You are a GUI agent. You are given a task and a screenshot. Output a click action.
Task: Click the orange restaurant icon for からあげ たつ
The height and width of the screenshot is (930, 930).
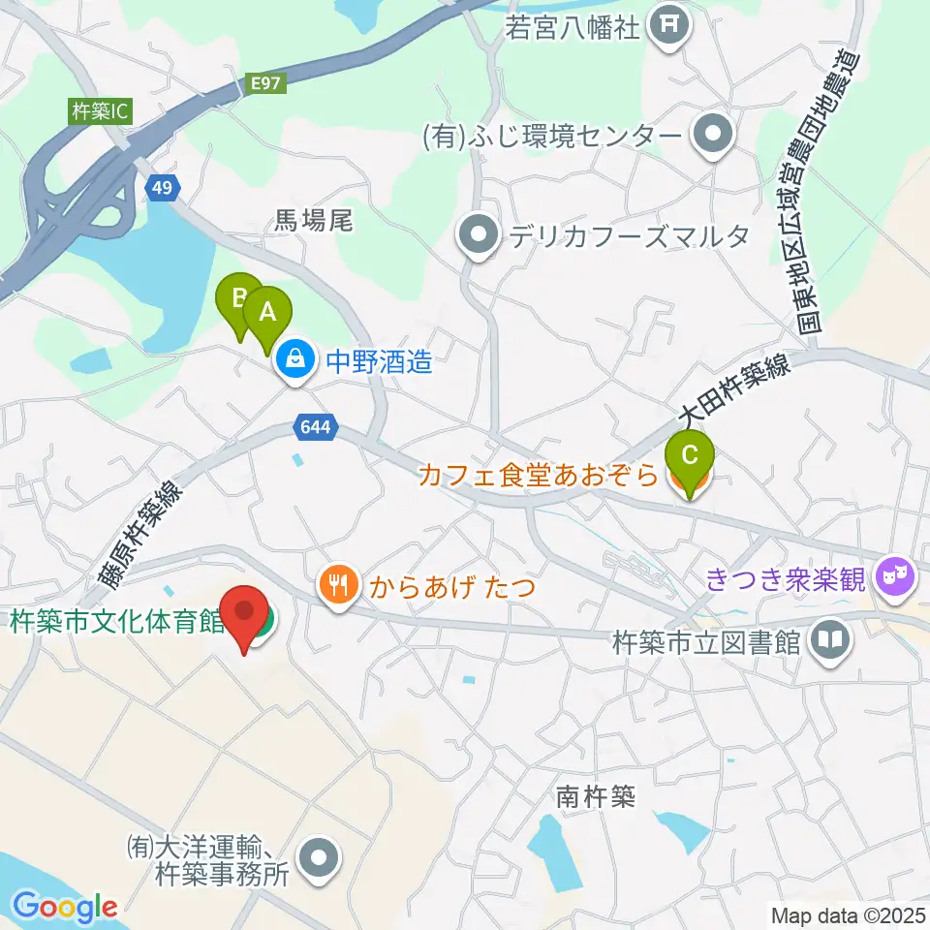tap(337, 584)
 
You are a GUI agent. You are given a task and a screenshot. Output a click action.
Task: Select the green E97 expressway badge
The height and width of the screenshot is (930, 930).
tap(266, 83)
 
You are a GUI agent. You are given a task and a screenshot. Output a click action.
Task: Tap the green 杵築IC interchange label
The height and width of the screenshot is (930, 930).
tap(100, 111)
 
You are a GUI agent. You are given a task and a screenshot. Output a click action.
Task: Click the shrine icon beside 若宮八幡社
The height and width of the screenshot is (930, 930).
tap(669, 26)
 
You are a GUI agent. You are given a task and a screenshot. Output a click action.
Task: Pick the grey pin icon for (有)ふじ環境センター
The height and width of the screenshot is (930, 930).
tap(715, 135)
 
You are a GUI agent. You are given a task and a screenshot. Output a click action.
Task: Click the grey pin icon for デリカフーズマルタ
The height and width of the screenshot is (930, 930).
tap(478, 235)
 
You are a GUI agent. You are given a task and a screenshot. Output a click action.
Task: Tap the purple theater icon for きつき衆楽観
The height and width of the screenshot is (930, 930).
tap(896, 579)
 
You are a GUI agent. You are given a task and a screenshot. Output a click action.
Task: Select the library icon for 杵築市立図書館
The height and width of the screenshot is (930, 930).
tap(830, 640)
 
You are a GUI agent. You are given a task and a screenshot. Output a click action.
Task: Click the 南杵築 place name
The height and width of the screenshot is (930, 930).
tap(595, 796)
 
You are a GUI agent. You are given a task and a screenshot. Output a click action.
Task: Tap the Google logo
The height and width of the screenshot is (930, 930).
tap(65, 908)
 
